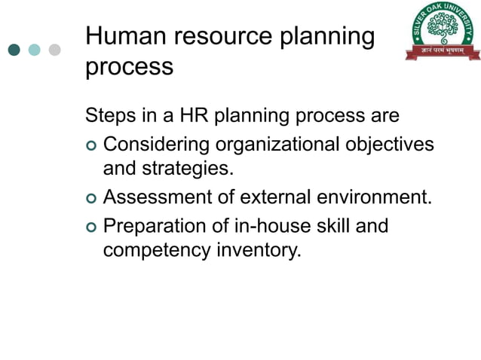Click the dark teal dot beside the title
14,50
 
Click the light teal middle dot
34,50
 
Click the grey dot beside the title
54,50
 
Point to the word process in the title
129,67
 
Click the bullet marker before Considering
91,144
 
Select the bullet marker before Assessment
91,198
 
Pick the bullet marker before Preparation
91,226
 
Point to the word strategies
188,169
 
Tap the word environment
381,197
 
